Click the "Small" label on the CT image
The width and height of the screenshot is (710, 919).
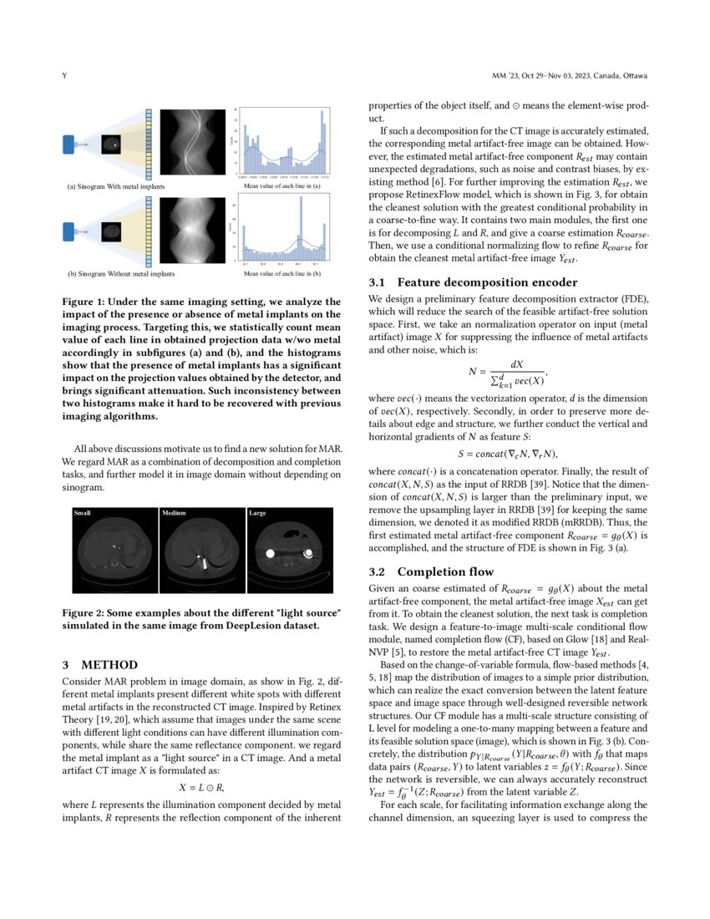[x=83, y=512]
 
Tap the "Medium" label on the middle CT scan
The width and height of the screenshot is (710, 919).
[x=174, y=512]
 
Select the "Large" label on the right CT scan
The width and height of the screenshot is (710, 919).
[x=257, y=512]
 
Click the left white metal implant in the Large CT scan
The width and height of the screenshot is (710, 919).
[x=270, y=553]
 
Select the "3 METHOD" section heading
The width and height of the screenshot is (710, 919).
[x=99, y=665]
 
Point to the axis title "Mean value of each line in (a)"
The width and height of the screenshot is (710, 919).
[x=284, y=186]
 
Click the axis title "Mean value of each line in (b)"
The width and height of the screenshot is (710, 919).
[x=284, y=273]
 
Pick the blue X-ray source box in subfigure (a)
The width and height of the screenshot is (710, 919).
[x=70, y=145]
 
